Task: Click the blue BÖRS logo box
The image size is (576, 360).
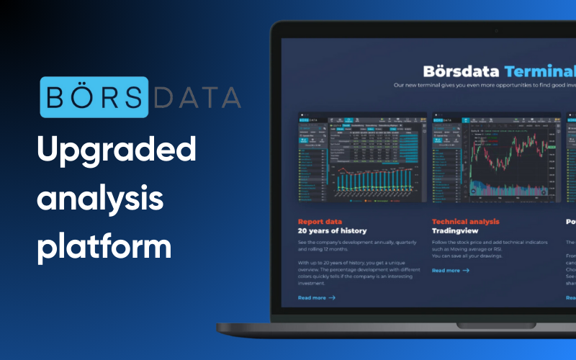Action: coord(94,96)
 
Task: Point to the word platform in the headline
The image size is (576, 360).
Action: coord(105,245)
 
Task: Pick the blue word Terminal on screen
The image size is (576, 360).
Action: coord(540,71)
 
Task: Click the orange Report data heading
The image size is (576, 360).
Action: coord(320,222)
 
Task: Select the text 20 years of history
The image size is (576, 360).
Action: coord(332,231)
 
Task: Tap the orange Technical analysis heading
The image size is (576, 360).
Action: coord(465,222)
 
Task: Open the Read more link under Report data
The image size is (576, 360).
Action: coord(312,297)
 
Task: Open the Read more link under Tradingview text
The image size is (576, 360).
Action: coord(446,270)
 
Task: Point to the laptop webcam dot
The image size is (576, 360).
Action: coord(496,30)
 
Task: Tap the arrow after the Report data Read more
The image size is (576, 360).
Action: coord(331,297)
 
